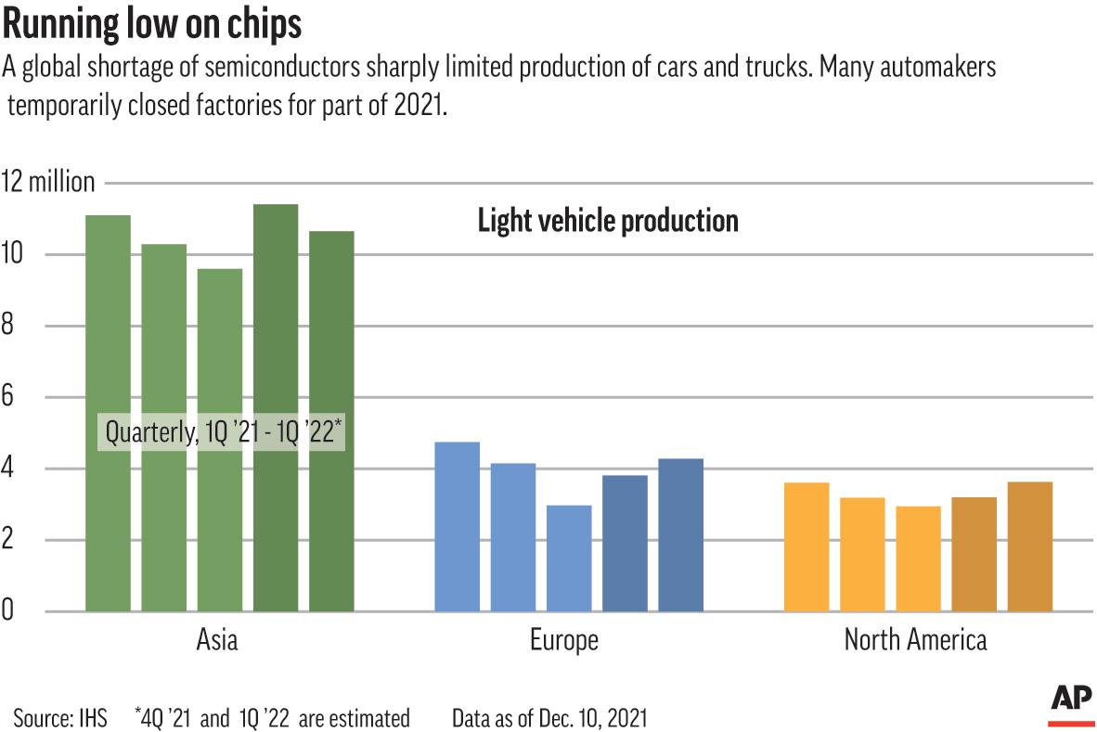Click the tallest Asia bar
click(276, 408)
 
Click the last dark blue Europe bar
click(680, 535)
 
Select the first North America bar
click(807, 547)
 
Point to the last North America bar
click(1030, 546)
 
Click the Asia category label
click(217, 640)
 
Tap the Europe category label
click(564, 640)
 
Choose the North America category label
click(915, 640)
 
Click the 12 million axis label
click(48, 182)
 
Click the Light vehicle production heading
click(608, 221)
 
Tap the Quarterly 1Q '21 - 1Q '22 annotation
click(221, 432)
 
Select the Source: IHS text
click(60, 718)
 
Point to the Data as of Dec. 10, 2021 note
click(548, 718)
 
